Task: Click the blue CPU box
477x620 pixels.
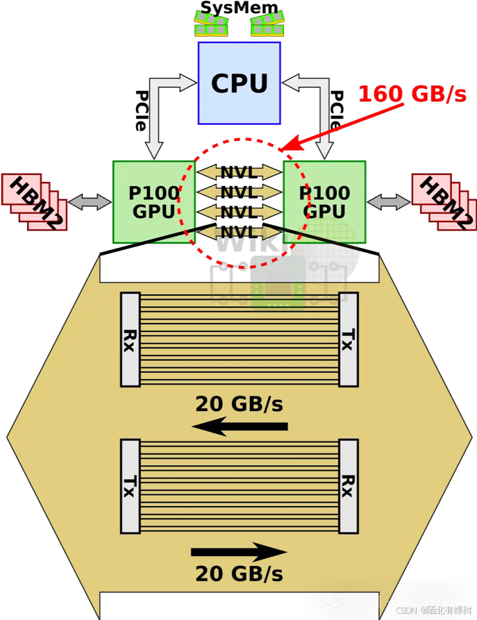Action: pyautogui.click(x=239, y=83)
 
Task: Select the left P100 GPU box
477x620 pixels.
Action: pyautogui.click(x=153, y=201)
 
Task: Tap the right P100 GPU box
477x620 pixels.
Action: pyautogui.click(x=324, y=201)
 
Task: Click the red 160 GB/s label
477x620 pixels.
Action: pyautogui.click(x=412, y=94)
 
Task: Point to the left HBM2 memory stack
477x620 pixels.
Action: pyautogui.click(x=35, y=201)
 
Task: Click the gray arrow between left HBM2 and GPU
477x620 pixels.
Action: pyautogui.click(x=90, y=202)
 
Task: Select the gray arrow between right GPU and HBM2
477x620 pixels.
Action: pyautogui.click(x=389, y=202)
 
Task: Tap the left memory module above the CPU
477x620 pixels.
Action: pyautogui.click(x=211, y=24)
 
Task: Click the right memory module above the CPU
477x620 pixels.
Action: pyautogui.click(x=267, y=24)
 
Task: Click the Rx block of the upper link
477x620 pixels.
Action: pyautogui.click(x=130, y=340)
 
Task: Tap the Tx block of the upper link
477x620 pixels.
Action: pyautogui.click(x=348, y=340)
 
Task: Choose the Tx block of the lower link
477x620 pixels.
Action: pyautogui.click(x=130, y=486)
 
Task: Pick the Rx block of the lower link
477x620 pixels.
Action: pyautogui.click(x=348, y=486)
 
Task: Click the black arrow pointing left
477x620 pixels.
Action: pyautogui.click(x=240, y=426)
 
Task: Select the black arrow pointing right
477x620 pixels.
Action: pyautogui.click(x=239, y=553)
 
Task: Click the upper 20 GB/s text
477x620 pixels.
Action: pyautogui.click(x=239, y=403)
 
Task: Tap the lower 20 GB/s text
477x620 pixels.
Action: pyautogui.click(x=239, y=574)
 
